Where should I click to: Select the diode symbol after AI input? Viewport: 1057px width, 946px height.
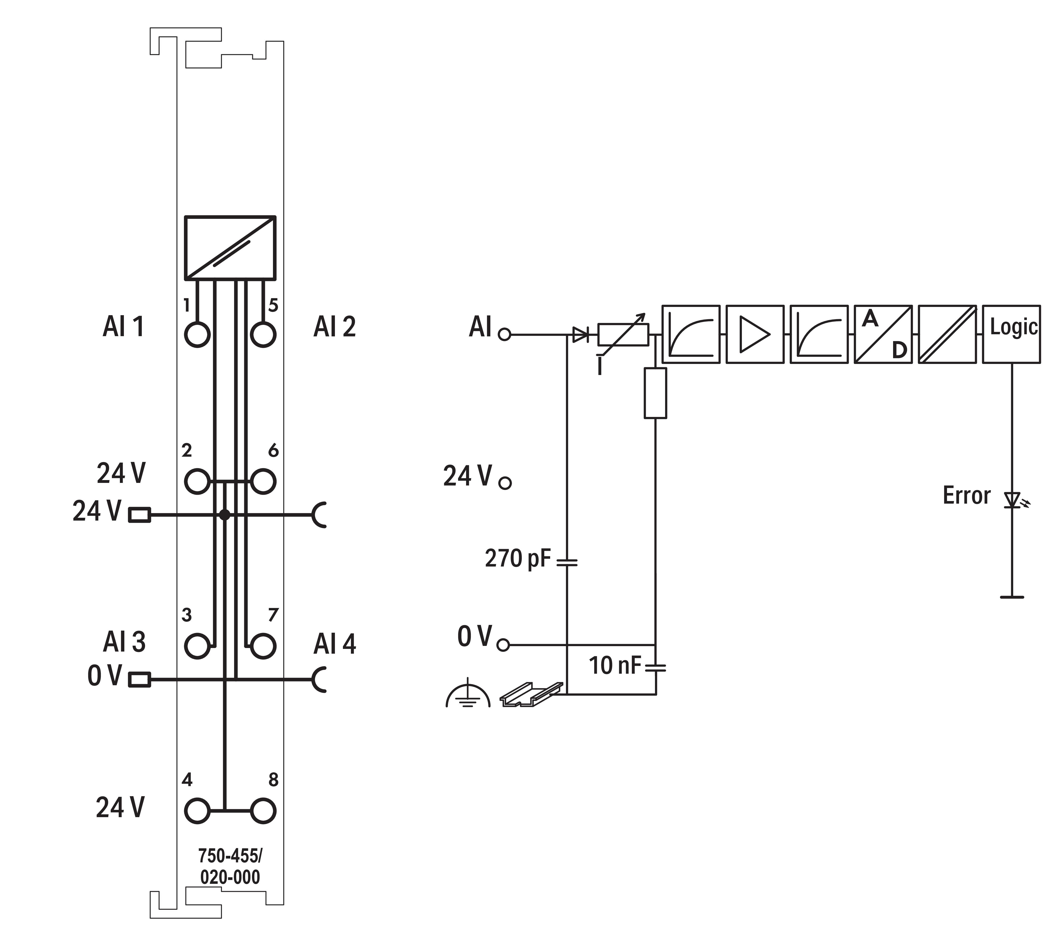tap(581, 335)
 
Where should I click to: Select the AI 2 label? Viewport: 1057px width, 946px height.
tap(335, 327)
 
